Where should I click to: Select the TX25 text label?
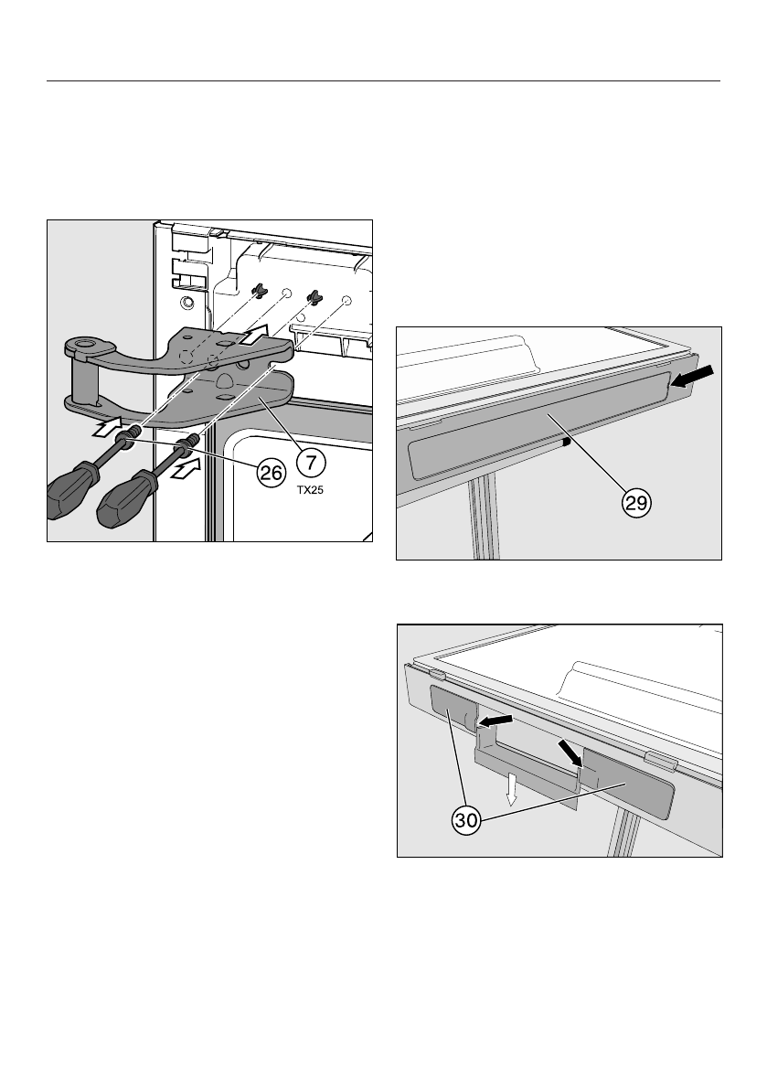click(310, 490)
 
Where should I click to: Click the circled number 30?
click(466, 820)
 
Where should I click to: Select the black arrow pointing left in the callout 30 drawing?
click(494, 721)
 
